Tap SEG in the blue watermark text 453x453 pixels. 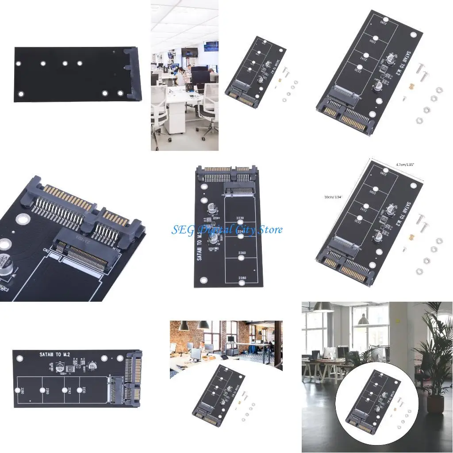(181, 230)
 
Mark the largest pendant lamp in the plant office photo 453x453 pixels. (323, 307)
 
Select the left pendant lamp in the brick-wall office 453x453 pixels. (184, 326)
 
